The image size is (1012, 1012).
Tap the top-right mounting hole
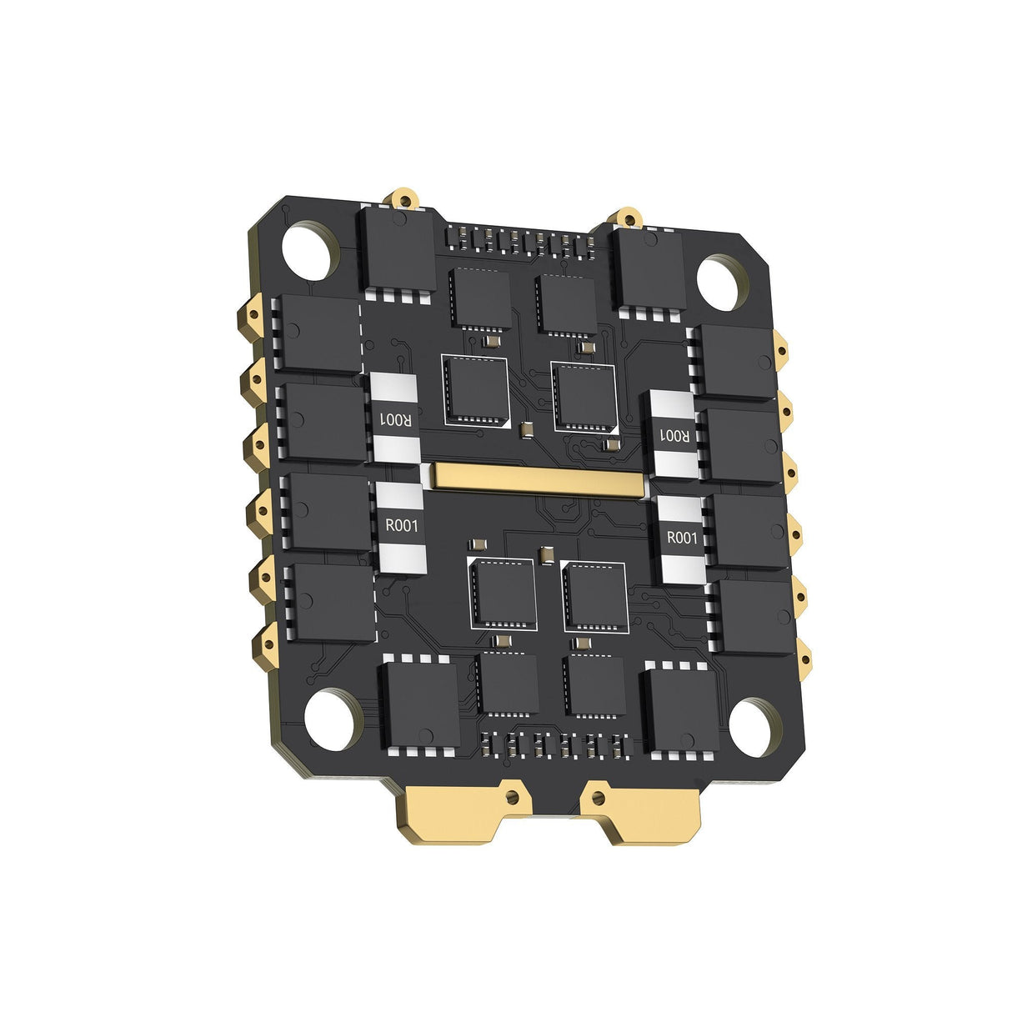[x=719, y=282]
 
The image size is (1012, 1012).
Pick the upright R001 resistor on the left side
[x=401, y=527]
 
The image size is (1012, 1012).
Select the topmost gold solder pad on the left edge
[x=253, y=316]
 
